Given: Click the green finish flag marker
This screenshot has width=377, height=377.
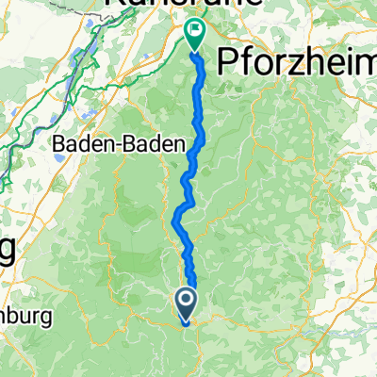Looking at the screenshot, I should point(195,34).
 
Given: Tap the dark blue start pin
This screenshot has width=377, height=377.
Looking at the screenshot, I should point(186,303).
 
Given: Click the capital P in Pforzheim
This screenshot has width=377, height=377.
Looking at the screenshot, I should point(228,63).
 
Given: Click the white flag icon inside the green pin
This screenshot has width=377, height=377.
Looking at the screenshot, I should point(195,31).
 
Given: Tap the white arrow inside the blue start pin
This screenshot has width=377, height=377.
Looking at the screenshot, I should point(186,301).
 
